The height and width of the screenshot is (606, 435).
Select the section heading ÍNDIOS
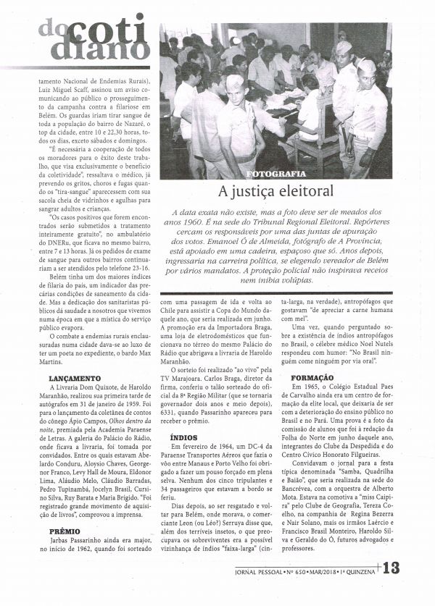pyautogui.click(x=183, y=438)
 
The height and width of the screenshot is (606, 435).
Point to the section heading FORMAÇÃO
pyautogui.click(x=312, y=377)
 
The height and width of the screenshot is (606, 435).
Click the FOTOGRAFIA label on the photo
pyautogui.click(x=275, y=174)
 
